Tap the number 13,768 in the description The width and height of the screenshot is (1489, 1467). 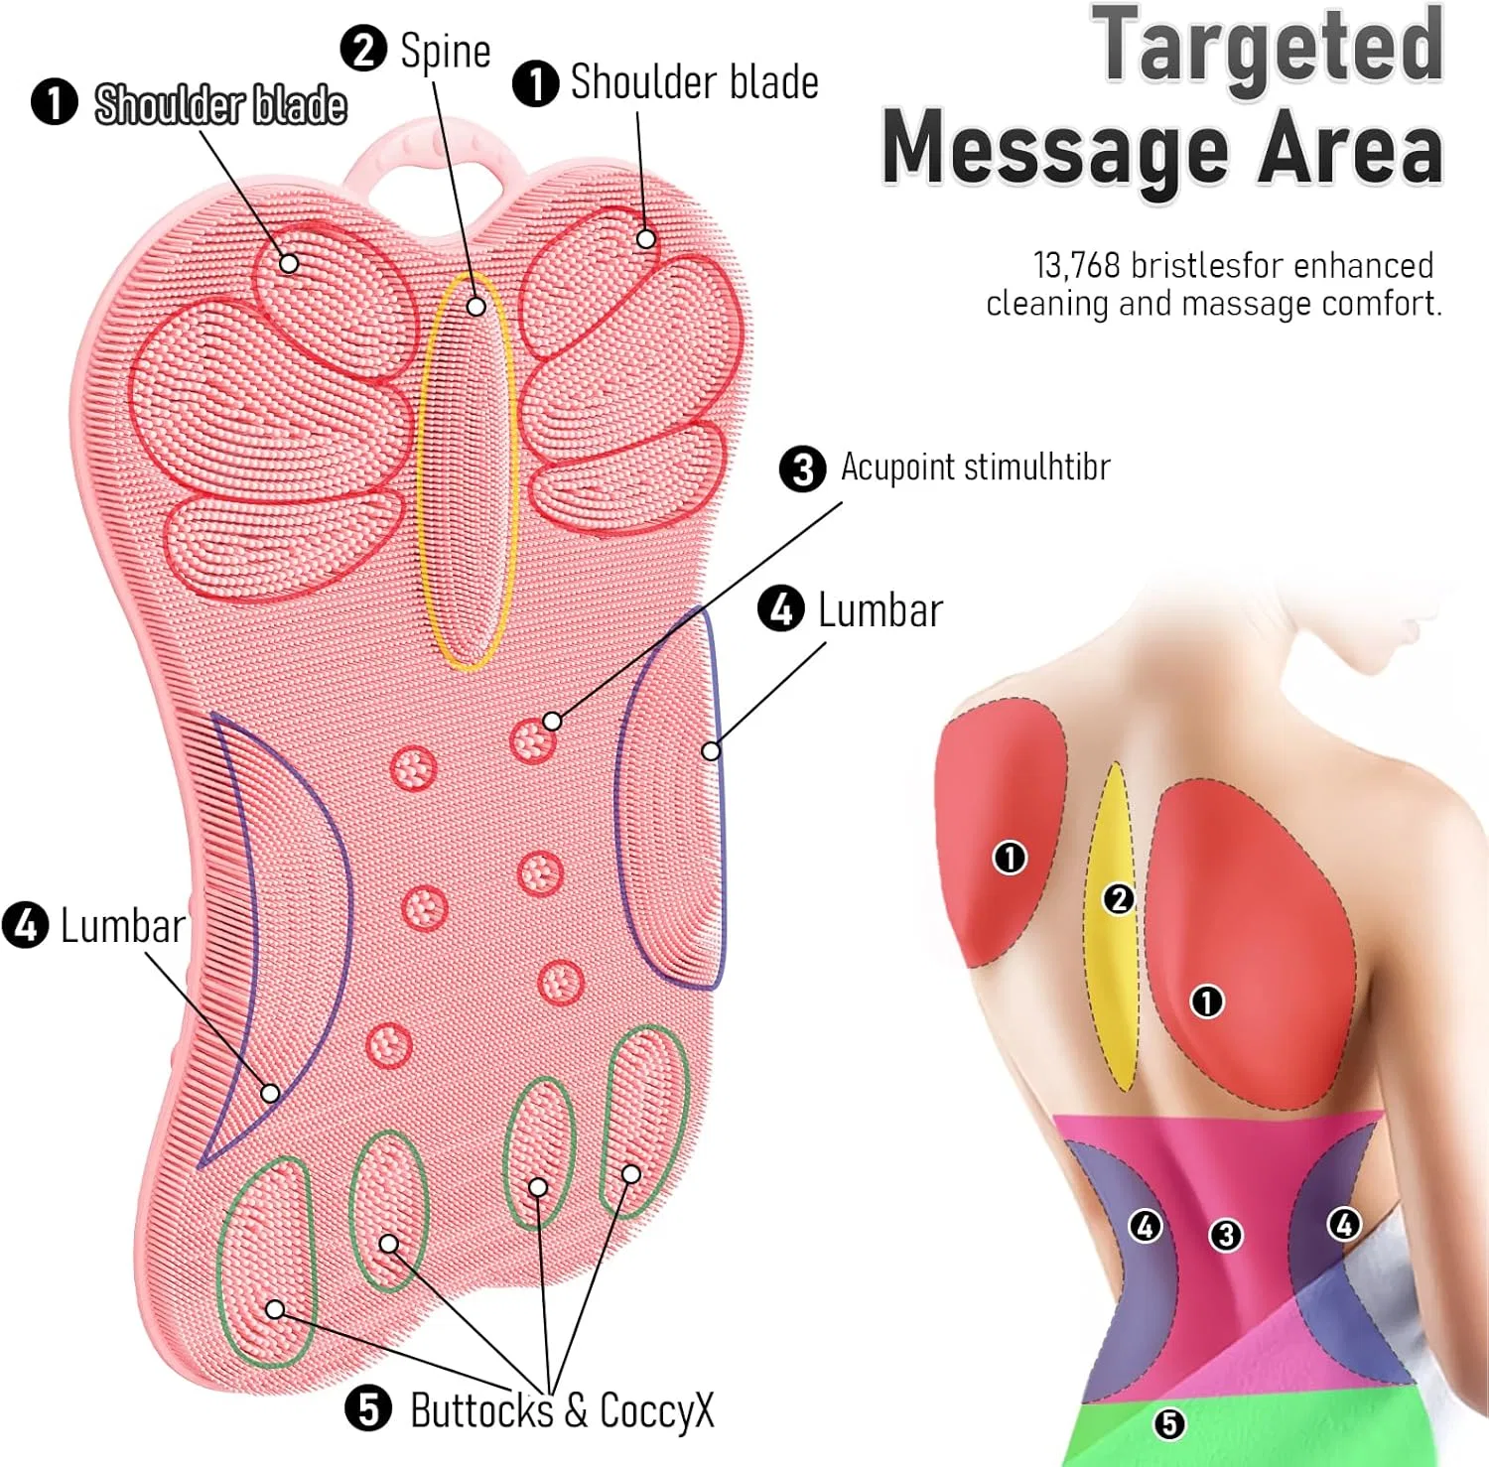pos(1077,266)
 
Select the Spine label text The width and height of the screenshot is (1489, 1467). pos(445,52)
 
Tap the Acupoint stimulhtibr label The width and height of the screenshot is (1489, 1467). pos(975,467)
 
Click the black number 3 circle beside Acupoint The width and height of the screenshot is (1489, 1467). pos(802,468)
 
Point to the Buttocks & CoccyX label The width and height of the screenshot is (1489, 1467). pos(562,1410)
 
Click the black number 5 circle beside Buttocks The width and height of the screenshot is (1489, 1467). pos(368,1408)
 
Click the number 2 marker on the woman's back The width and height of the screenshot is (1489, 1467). pos(1119,899)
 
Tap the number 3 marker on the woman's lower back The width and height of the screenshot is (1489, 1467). pos(1226,1235)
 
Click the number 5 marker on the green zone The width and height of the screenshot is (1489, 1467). pos(1169,1424)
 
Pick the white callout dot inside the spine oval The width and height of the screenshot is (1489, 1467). pos(476,307)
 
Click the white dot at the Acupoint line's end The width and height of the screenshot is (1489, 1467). pos(552,722)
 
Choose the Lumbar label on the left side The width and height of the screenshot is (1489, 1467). pos(123,926)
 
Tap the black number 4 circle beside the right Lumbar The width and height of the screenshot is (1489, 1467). pos(781,608)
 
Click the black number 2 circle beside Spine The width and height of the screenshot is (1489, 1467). pos(363,50)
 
